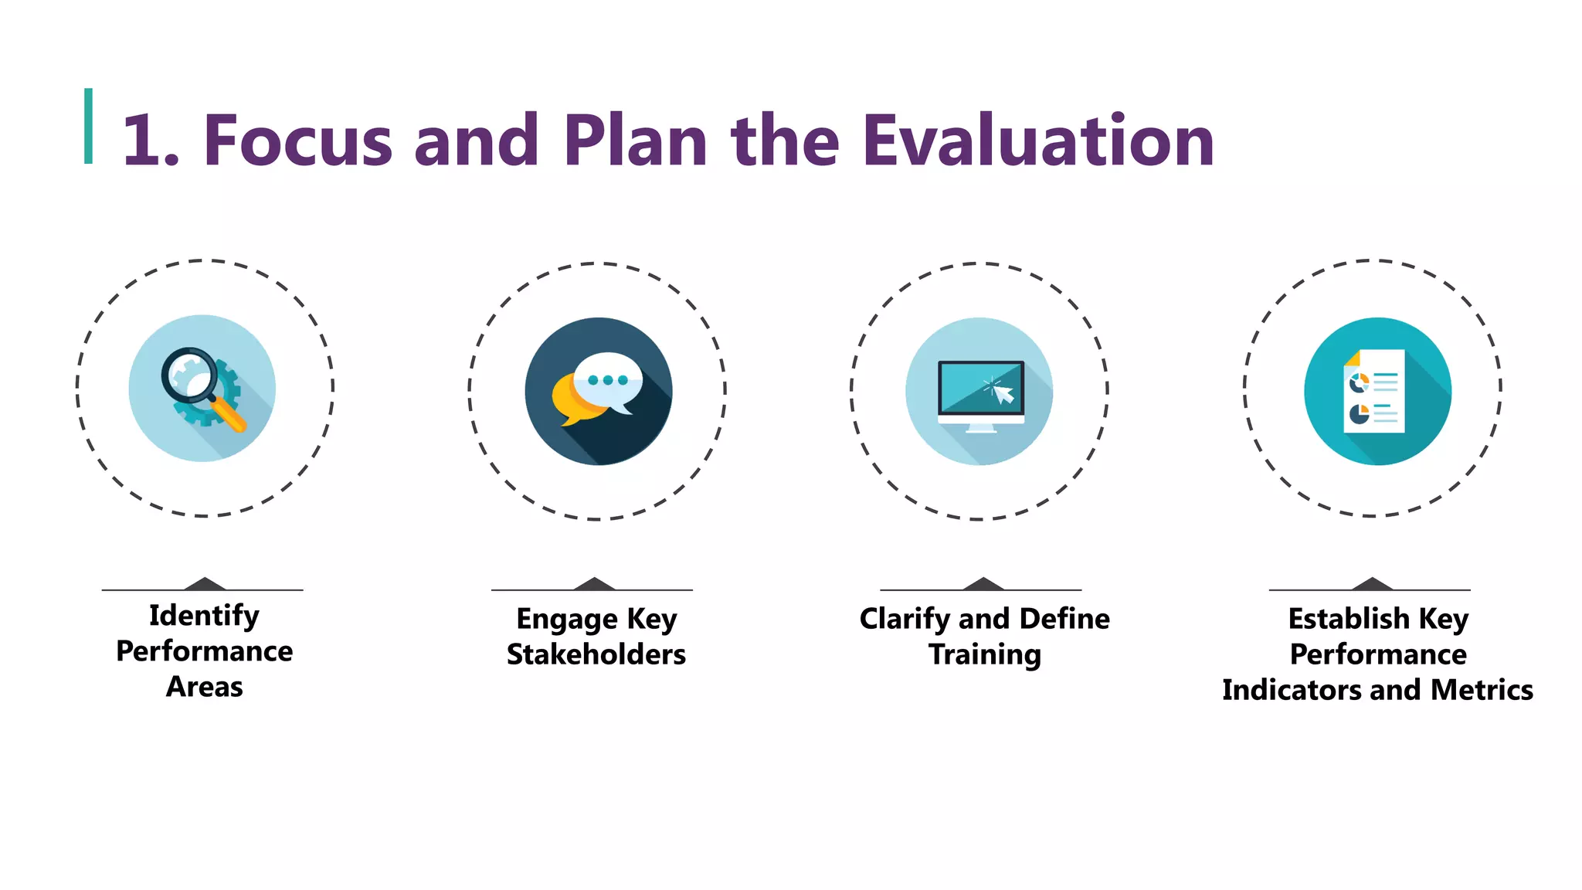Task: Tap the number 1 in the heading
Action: pos(142,141)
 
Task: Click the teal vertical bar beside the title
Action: pos(89,126)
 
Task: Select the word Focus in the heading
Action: pos(297,141)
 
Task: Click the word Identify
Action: pos(204,617)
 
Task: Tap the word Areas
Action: pos(204,687)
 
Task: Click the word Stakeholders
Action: pos(596,654)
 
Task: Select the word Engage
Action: pos(567,620)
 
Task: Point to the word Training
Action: pos(984,654)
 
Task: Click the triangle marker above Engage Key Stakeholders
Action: pos(594,584)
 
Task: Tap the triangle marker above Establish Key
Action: pos(1372,584)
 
